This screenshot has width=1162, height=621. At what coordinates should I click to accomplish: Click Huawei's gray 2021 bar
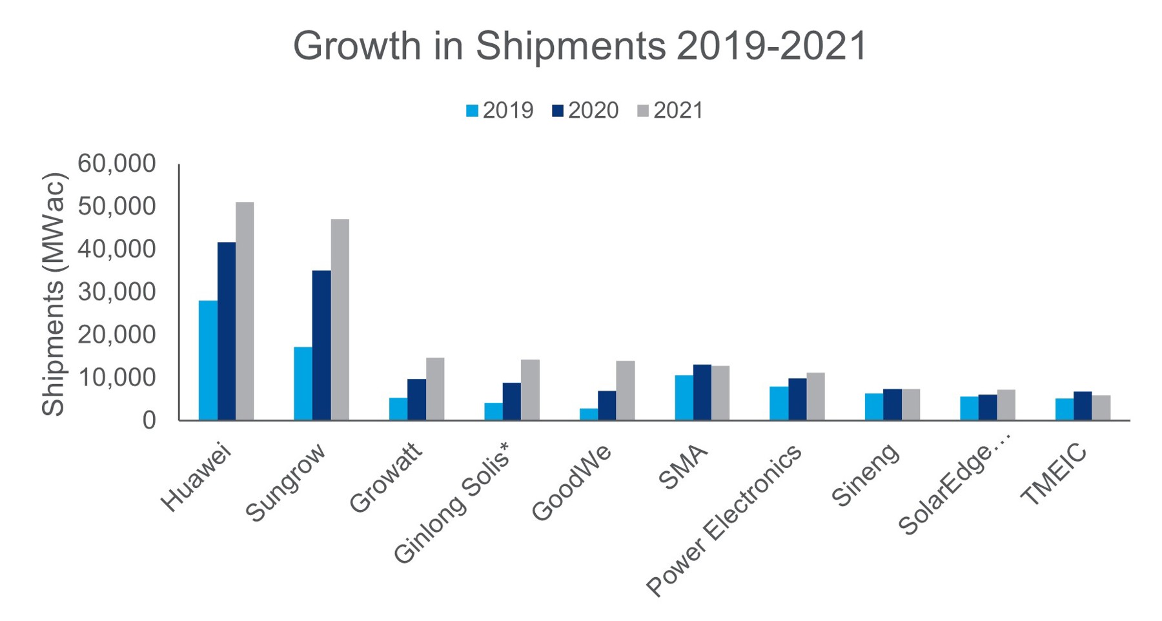pos(245,311)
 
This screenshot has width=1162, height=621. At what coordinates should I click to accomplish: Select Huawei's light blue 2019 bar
pos(208,360)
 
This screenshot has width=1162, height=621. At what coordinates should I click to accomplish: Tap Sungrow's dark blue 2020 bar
pos(321,345)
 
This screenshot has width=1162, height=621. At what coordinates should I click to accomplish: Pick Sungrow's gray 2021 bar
pos(340,320)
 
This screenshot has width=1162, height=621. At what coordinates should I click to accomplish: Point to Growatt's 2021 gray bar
pos(435,389)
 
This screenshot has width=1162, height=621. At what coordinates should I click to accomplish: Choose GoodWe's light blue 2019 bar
pos(589,414)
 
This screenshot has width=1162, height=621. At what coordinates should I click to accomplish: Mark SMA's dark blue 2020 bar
pos(702,392)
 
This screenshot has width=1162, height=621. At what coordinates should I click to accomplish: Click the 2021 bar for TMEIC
pos(1101,407)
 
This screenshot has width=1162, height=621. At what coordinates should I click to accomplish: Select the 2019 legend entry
pos(500,111)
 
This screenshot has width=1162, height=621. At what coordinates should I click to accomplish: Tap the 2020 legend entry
pos(586,111)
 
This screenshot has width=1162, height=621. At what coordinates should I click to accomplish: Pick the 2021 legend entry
pos(670,111)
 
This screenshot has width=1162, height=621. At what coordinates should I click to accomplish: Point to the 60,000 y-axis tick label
pos(117,164)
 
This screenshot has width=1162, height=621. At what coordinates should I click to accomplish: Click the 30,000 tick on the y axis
pos(117,292)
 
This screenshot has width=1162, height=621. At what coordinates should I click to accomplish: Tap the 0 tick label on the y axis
pos(149,420)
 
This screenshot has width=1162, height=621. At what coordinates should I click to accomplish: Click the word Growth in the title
pos(356,46)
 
